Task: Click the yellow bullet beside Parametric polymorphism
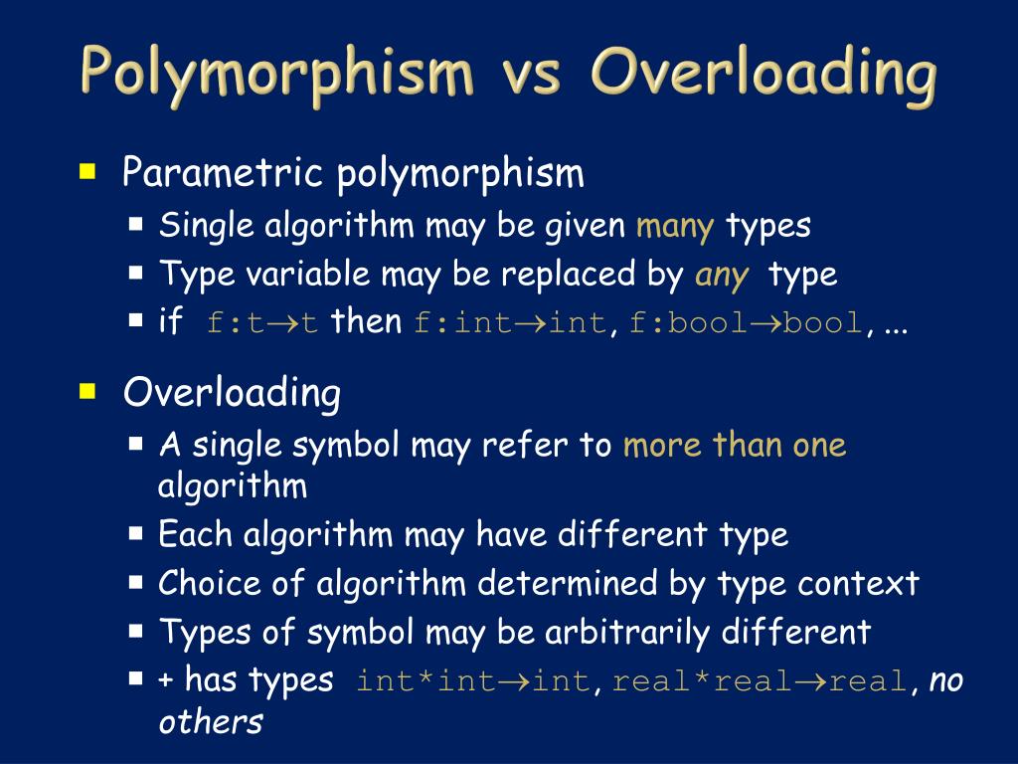[x=88, y=172]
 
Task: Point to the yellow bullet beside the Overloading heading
[x=88, y=391]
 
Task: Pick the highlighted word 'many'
[x=675, y=226]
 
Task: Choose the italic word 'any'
[x=722, y=274]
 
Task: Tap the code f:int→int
[x=508, y=322]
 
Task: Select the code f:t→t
[x=262, y=322]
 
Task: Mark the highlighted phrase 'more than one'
[x=735, y=445]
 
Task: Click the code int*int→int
[x=474, y=681]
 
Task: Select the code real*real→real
[x=760, y=681]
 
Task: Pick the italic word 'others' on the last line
[x=211, y=721]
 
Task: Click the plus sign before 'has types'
[x=166, y=681]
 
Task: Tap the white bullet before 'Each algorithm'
[x=137, y=533]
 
